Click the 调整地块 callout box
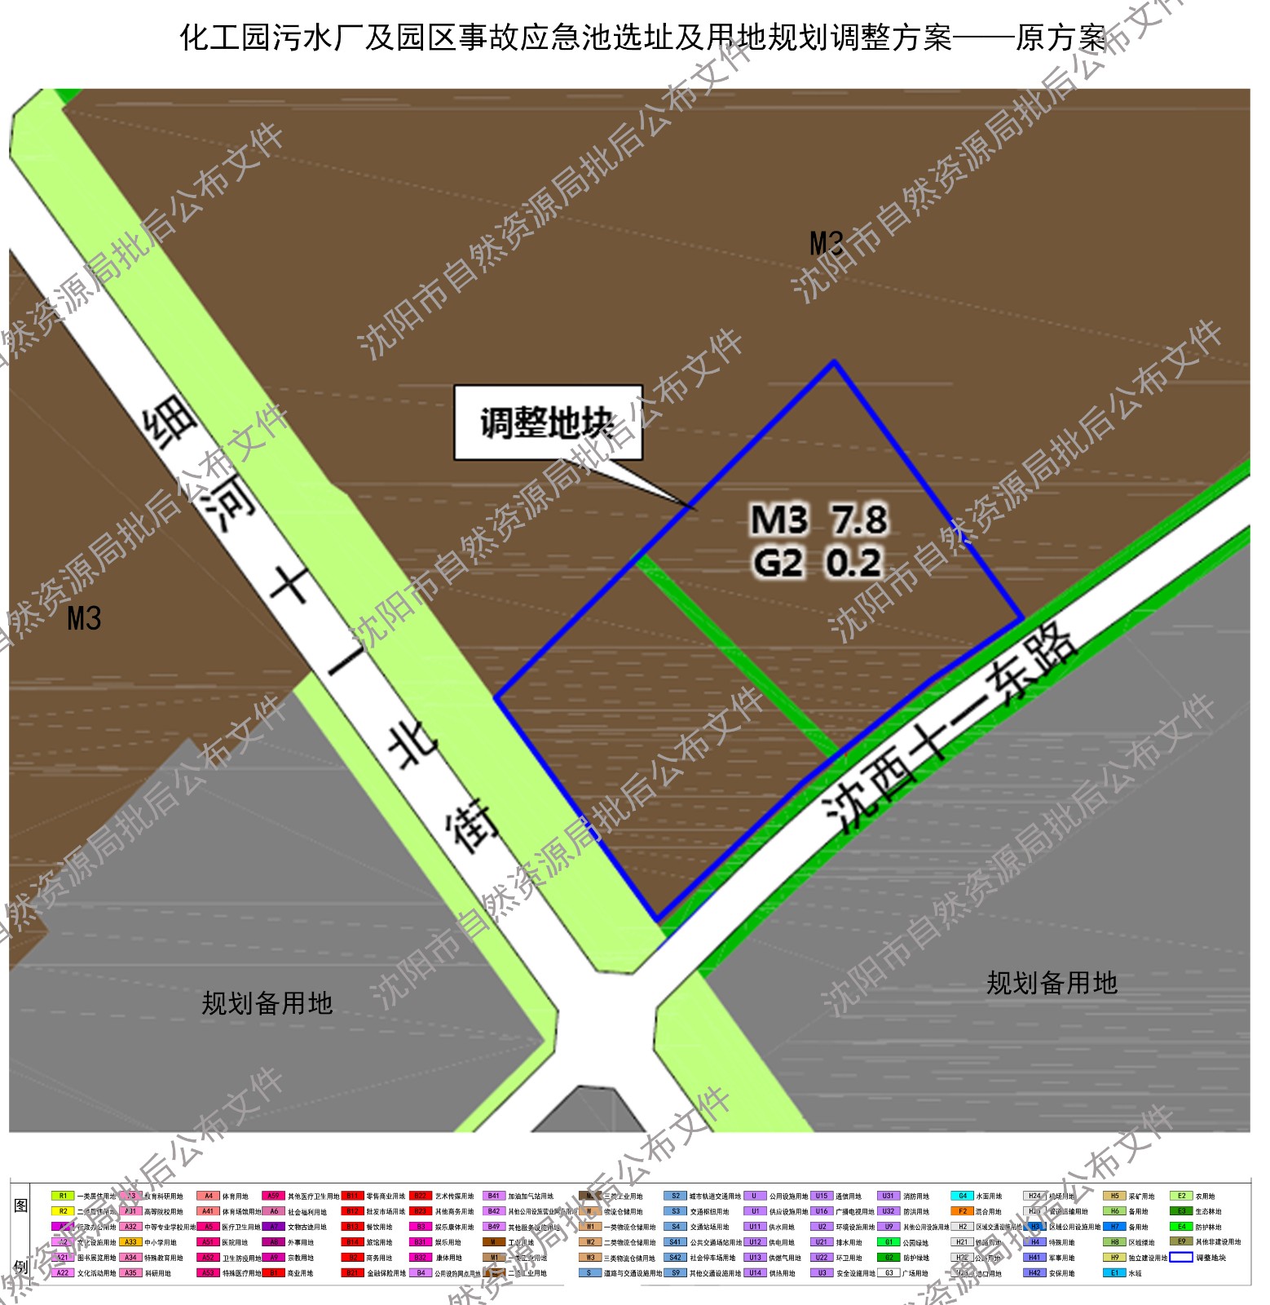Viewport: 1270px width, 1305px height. tap(548, 422)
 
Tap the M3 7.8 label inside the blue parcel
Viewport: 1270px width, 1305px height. tap(818, 520)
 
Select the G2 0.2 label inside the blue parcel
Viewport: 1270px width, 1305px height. tap(817, 563)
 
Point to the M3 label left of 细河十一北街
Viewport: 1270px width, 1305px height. tap(84, 618)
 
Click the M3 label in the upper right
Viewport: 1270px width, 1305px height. tap(827, 243)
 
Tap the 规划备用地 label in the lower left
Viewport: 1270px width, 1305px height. tap(267, 1002)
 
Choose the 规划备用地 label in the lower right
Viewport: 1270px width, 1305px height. tap(1052, 983)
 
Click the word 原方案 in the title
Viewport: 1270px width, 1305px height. tap(1061, 38)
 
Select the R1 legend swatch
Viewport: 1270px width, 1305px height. tap(63, 1196)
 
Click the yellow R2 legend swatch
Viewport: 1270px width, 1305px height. tap(63, 1211)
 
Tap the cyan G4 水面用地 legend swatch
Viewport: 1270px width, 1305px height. tap(962, 1196)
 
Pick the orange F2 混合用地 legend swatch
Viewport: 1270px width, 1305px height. tap(962, 1211)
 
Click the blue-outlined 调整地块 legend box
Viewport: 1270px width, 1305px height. tap(1181, 1257)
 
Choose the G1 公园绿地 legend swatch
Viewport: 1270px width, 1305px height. tap(889, 1242)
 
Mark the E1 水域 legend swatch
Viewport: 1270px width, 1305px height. tap(1114, 1272)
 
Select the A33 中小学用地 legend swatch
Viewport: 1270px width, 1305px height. tap(130, 1242)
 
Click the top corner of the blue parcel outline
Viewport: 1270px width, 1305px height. tap(834, 361)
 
